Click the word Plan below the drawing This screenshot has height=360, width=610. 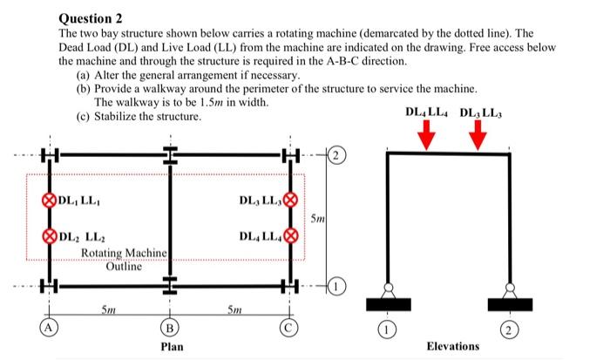click(x=172, y=347)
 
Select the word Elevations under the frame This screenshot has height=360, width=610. click(x=452, y=347)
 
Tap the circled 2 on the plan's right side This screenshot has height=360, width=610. click(x=335, y=158)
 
